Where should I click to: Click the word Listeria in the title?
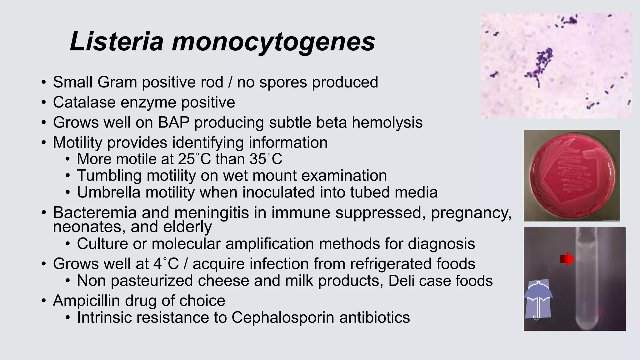tap(117, 41)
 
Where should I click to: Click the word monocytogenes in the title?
tap(273, 42)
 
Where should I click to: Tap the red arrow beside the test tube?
tap(567, 259)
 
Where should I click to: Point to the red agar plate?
tap(572, 176)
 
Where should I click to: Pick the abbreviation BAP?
tap(173, 122)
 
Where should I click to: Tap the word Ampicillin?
tap(86, 301)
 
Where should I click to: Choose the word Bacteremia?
tap(95, 212)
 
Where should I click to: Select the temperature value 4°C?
tap(166, 264)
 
